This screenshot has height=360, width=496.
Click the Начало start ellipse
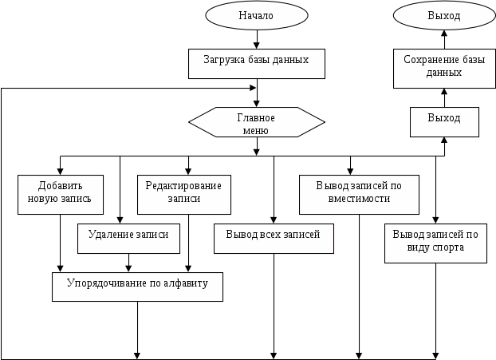click(257, 15)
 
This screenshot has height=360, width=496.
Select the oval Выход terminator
click(444, 15)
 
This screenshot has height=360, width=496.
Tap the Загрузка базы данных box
click(257, 64)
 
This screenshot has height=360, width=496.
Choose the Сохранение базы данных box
click(444, 69)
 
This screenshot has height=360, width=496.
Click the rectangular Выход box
click(444, 122)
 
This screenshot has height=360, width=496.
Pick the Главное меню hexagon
click(257, 122)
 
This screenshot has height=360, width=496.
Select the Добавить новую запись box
click(61, 195)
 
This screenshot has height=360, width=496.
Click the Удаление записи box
click(128, 239)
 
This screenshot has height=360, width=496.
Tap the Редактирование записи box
click(184, 195)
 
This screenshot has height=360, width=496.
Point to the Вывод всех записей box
click(274, 239)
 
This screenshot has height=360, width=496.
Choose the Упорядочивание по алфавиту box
click(137, 287)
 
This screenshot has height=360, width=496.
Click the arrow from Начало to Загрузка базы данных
click(257, 40)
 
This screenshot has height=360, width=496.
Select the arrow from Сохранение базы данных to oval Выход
click(444, 40)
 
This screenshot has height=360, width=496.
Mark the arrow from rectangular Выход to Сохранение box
click(444, 97)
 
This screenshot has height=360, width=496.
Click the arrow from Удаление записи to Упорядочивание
click(128, 263)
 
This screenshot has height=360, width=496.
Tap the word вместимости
click(359, 199)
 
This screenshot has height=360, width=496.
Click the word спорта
click(448, 247)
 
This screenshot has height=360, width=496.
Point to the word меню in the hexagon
click(256, 130)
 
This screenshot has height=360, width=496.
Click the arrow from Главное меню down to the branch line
click(257, 146)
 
